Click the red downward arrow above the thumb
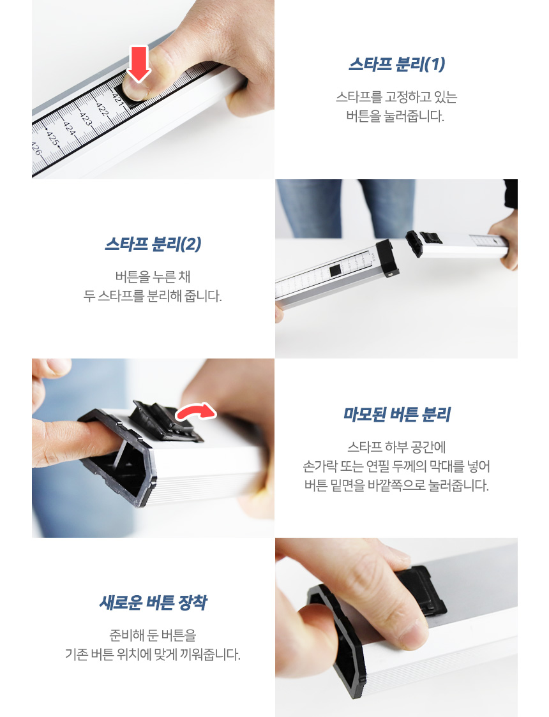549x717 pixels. [x=138, y=64]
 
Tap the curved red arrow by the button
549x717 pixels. [x=196, y=411]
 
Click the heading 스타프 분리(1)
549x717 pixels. [x=396, y=64]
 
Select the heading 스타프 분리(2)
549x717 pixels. [x=153, y=244]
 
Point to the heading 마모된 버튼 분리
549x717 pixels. [x=396, y=415]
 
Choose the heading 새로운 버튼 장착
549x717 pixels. [x=153, y=603]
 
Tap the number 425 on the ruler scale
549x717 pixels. [x=52, y=138]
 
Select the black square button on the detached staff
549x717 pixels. [x=335, y=270]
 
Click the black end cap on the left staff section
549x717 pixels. [x=387, y=258]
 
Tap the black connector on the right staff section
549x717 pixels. [x=422, y=242]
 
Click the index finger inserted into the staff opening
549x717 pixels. [x=73, y=441]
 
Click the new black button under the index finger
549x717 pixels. [x=421, y=590]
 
